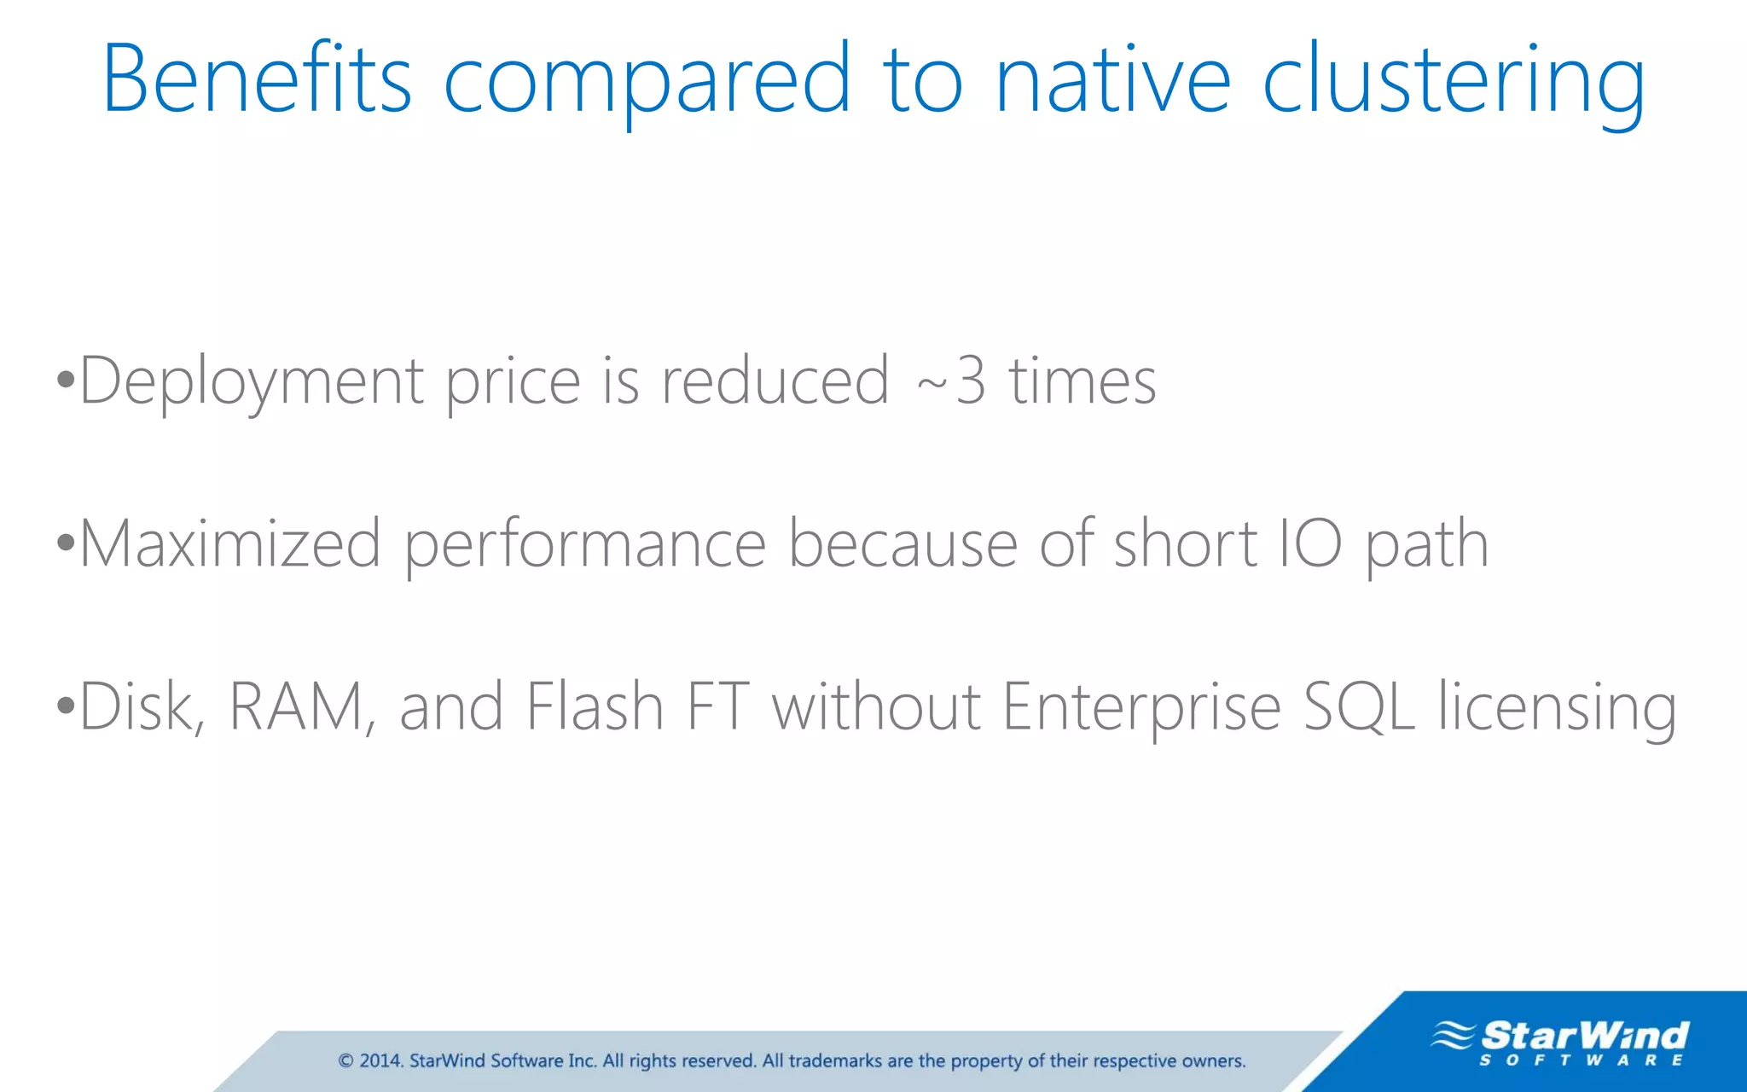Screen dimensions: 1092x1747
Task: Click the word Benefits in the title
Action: click(x=257, y=78)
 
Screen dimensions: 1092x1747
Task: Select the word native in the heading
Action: click(x=1112, y=78)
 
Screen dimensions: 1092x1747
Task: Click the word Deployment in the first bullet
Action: click(x=252, y=381)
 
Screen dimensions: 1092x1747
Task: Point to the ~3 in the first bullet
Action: click(x=951, y=381)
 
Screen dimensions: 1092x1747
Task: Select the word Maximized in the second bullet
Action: click(x=229, y=544)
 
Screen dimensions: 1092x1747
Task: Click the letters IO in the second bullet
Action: click(x=1310, y=543)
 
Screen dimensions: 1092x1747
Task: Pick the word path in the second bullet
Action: click(x=1426, y=546)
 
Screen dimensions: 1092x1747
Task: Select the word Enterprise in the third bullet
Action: click(x=1140, y=708)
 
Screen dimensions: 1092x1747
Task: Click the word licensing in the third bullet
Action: click(x=1557, y=708)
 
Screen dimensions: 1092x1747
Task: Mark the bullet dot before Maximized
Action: click(x=66, y=543)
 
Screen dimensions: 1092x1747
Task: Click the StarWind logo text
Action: click(x=1584, y=1036)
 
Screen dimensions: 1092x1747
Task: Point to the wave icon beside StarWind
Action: click(x=1453, y=1035)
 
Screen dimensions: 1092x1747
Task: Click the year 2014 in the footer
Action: click(x=380, y=1060)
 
